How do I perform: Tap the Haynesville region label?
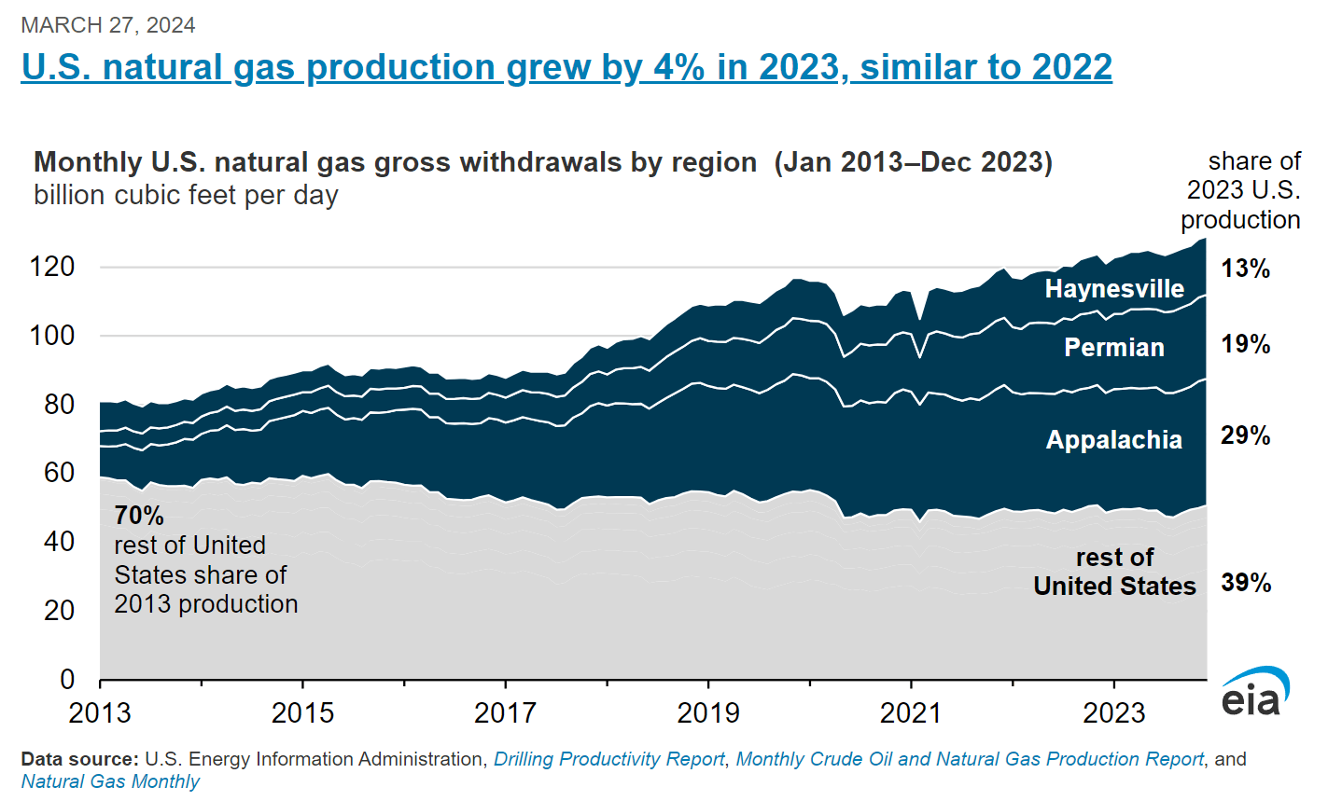point(1114,289)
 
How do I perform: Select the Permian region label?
point(1114,348)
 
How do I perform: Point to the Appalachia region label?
point(1114,440)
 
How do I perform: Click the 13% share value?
point(1246,269)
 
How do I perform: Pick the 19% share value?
point(1246,345)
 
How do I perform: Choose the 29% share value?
point(1246,435)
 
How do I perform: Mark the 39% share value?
point(1246,584)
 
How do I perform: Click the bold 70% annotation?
point(139,516)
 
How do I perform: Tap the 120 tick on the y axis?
point(52,268)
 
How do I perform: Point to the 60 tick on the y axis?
point(59,473)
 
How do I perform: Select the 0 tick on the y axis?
point(67,680)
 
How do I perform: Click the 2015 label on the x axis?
point(302,714)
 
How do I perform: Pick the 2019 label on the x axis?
point(708,714)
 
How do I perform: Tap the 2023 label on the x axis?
point(1113,714)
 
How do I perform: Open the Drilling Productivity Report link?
point(608,760)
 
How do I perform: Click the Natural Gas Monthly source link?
point(110,781)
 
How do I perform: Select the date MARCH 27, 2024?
point(108,25)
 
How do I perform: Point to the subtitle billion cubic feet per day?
point(186,196)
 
